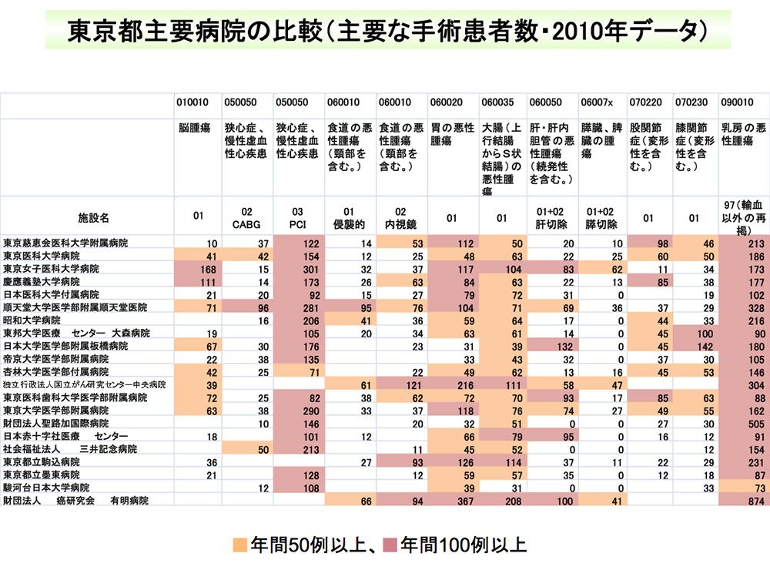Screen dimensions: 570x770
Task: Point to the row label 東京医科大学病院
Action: pyautogui.click(x=42, y=255)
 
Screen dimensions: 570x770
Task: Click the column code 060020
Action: pyautogui.click(x=447, y=101)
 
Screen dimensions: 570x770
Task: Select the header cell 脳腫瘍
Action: pyautogui.click(x=194, y=129)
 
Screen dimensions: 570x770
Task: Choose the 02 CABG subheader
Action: pyautogui.click(x=246, y=218)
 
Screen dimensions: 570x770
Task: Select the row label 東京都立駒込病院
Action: pyautogui.click(x=42, y=461)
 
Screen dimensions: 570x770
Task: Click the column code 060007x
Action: pyautogui.click(x=598, y=101)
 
